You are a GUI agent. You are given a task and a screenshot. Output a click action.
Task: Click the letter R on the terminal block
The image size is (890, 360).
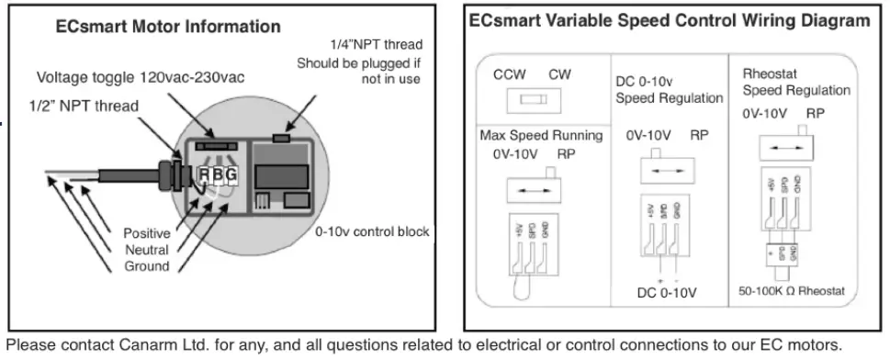coord(205,174)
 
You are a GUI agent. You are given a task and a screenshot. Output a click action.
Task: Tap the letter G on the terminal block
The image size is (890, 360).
coord(231,174)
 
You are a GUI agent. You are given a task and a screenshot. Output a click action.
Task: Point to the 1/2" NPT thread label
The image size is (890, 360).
coord(87,105)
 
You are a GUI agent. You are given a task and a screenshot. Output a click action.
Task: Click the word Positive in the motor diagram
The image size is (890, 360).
coord(147,233)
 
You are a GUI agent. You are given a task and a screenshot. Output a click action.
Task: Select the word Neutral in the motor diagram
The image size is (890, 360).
coord(147,250)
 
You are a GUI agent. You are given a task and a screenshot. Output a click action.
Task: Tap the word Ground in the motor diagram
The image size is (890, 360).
coord(147,266)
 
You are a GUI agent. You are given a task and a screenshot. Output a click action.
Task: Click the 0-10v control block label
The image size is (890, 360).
coord(372,231)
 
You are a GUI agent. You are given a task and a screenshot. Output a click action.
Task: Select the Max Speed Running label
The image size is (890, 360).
coord(541,136)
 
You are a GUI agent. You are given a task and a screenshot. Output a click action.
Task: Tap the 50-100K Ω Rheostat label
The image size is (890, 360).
coord(789,292)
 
